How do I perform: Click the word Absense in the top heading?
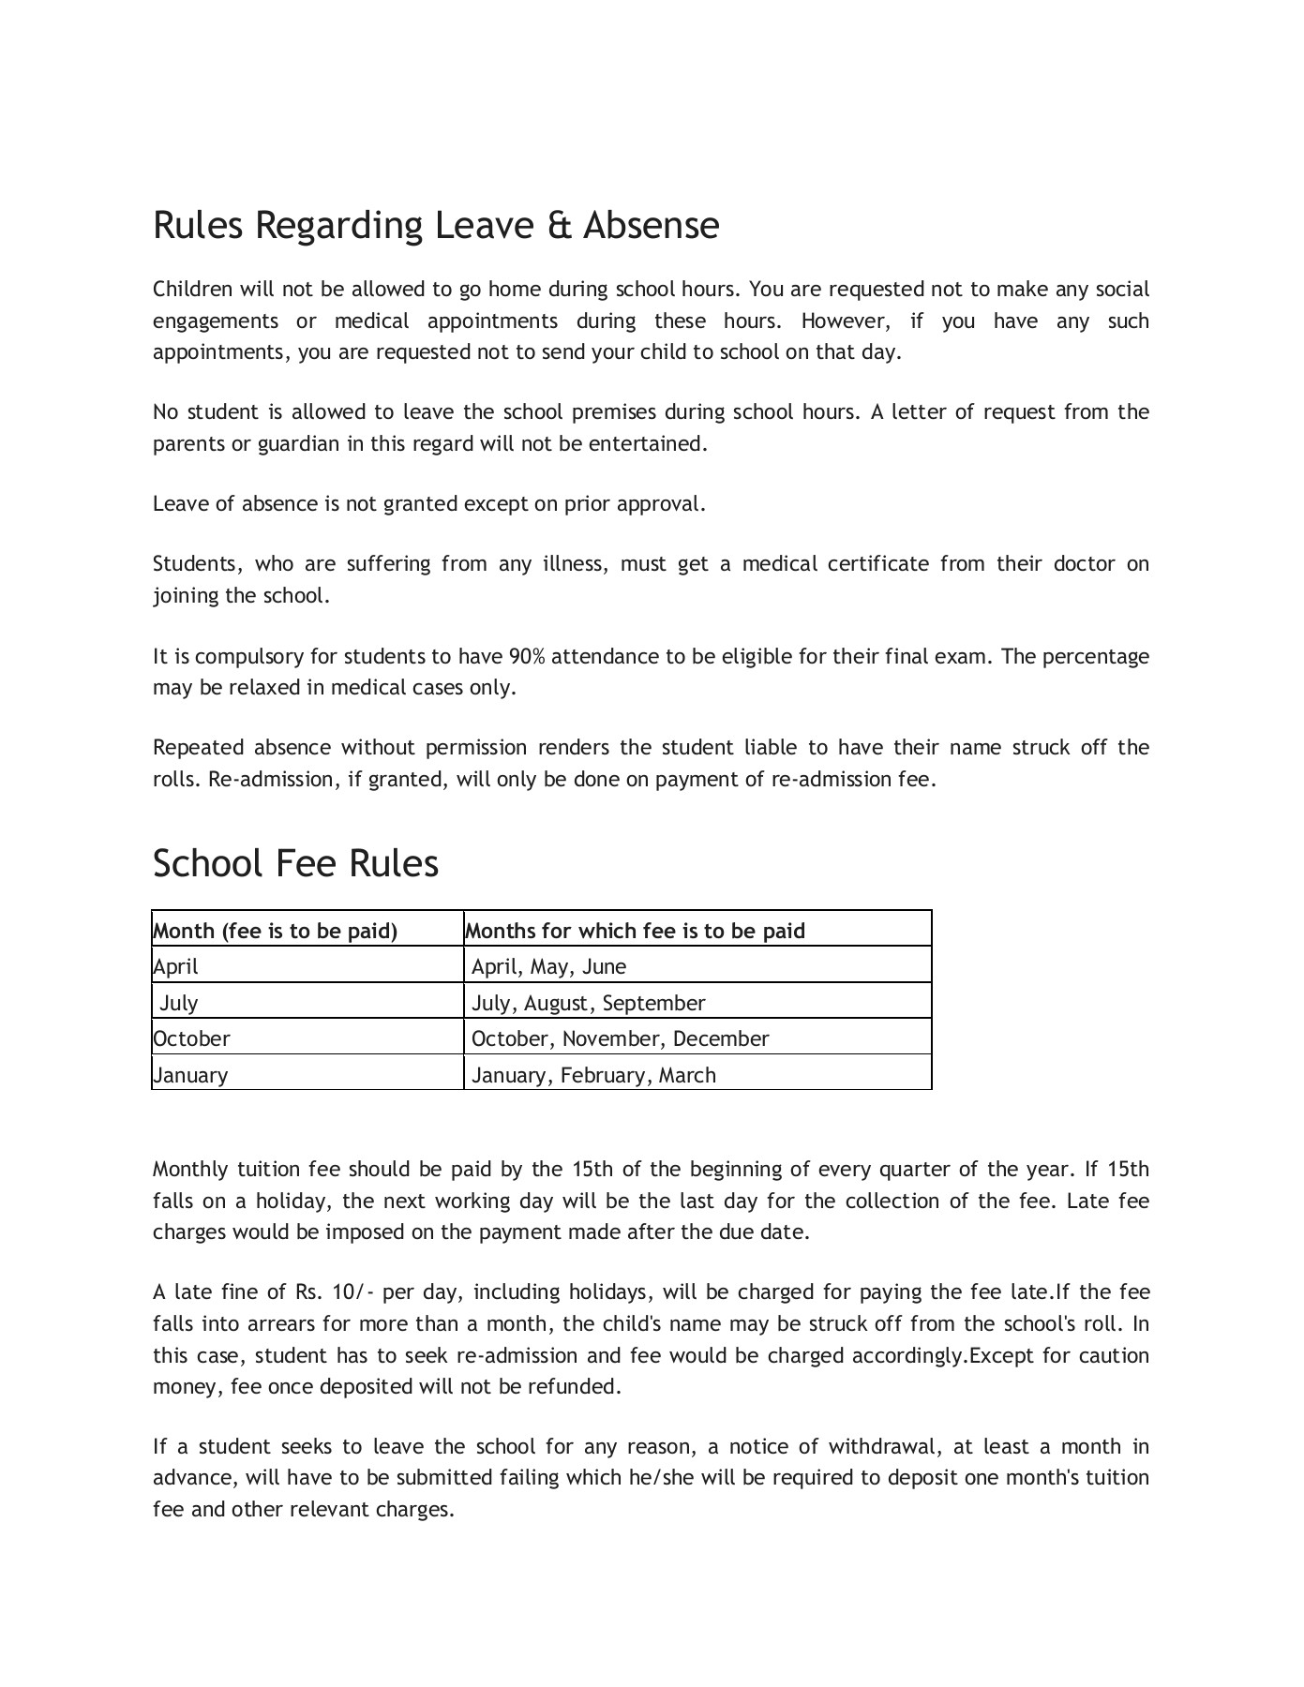(652, 226)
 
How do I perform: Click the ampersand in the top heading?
(557, 226)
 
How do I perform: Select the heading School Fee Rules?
(295, 863)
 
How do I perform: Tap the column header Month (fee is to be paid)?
(276, 931)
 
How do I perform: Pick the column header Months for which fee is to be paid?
(636, 931)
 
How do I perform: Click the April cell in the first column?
(176, 966)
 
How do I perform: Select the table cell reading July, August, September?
(588, 1003)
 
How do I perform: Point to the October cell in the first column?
(191, 1038)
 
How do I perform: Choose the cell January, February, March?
(593, 1075)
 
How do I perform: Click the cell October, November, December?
(620, 1038)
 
